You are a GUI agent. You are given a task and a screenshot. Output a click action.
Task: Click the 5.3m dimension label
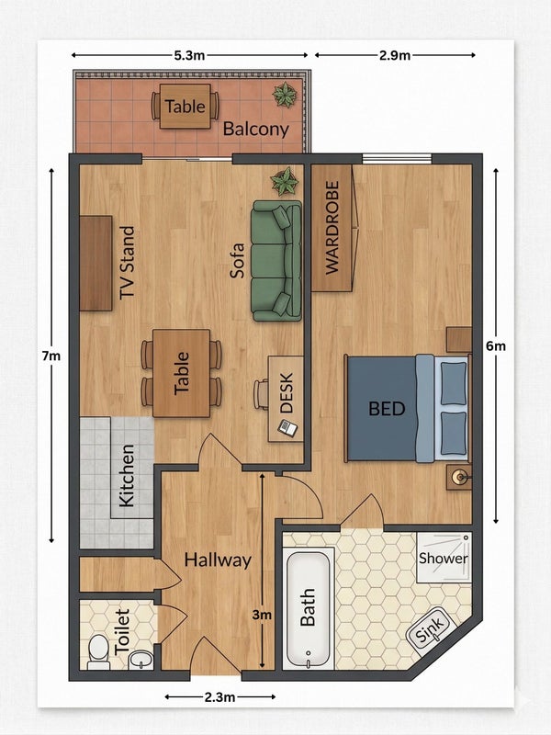tap(189, 55)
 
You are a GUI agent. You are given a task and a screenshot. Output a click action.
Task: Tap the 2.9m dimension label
tap(395, 55)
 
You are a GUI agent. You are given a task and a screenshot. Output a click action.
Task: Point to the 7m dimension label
tap(51, 356)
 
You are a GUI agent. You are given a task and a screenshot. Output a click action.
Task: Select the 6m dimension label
tap(496, 346)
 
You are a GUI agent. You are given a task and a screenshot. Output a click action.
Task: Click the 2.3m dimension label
tap(219, 697)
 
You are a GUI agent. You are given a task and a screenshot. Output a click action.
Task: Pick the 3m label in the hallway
tap(262, 614)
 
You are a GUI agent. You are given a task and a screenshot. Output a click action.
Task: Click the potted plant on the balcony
tap(285, 95)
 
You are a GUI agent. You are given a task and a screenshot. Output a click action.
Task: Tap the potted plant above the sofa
tap(285, 181)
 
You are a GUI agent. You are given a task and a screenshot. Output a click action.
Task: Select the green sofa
tap(276, 261)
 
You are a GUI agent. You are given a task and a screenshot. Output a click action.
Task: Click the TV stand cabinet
tap(96, 263)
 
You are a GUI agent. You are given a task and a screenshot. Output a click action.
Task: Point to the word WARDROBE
tap(332, 228)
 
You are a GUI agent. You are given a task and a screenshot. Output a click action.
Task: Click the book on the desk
tap(287, 427)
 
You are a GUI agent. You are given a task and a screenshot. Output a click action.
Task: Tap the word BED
tap(387, 409)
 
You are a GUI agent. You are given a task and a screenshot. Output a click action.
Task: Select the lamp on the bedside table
tap(458, 478)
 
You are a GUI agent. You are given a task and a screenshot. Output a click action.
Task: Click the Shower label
tap(444, 559)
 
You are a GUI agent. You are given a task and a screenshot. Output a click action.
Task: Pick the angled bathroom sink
tap(431, 628)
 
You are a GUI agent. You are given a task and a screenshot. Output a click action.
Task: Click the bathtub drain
tap(308, 652)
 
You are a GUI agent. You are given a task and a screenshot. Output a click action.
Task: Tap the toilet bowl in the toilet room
tap(99, 650)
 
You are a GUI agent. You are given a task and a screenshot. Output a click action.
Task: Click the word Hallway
tap(218, 560)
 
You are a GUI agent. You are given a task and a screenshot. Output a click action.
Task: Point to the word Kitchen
tap(127, 475)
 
